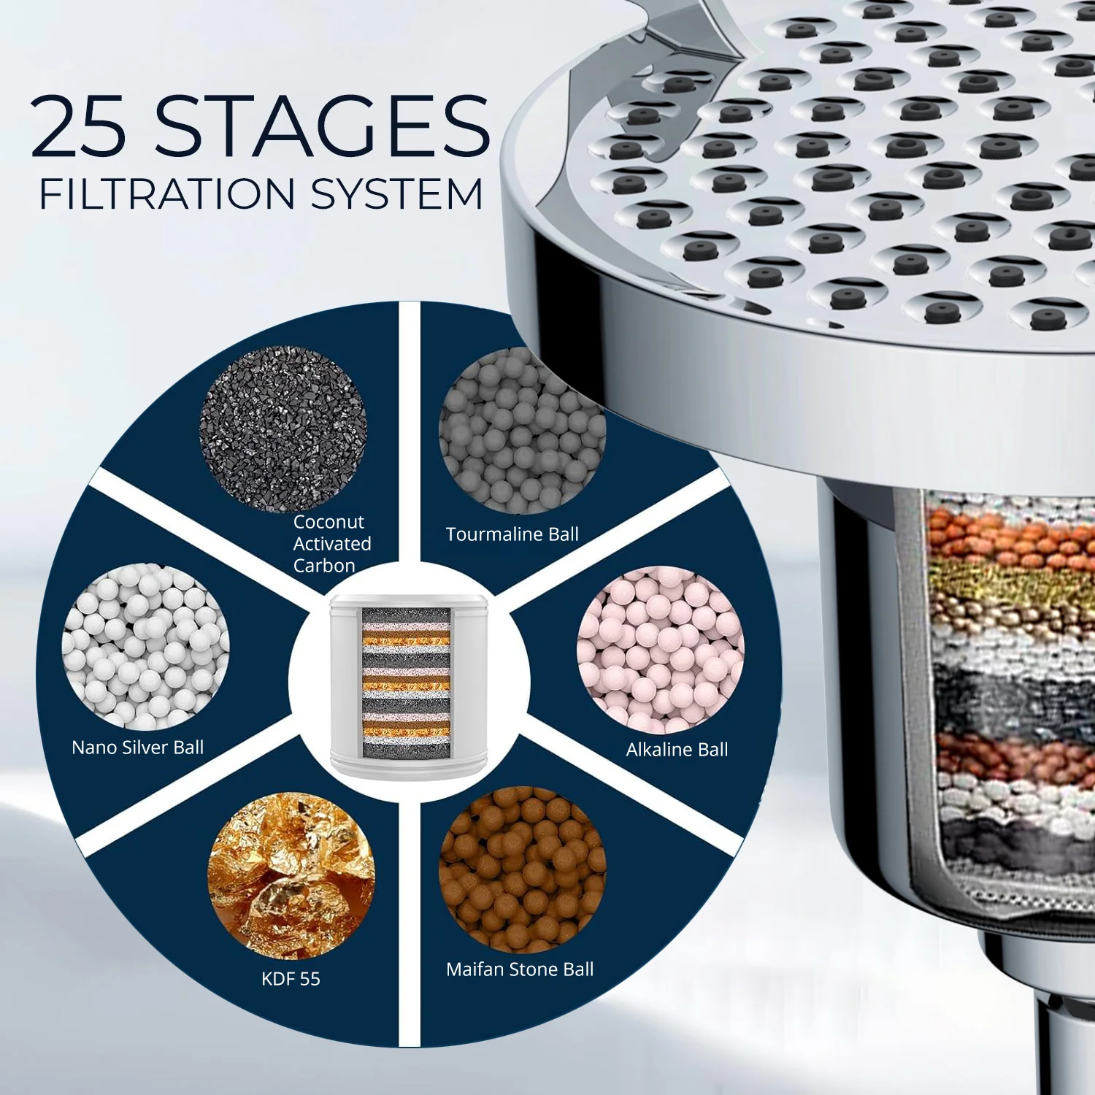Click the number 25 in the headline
(x=79, y=126)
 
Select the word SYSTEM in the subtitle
(x=397, y=195)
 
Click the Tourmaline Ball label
(x=512, y=534)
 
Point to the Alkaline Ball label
(x=677, y=750)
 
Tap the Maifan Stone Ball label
(x=520, y=969)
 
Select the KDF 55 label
(x=291, y=979)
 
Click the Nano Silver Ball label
(x=137, y=748)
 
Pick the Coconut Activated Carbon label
(x=331, y=544)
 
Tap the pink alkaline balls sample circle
(x=660, y=650)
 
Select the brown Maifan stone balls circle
(x=522, y=869)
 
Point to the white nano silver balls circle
(x=146, y=647)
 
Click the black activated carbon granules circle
(x=283, y=429)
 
